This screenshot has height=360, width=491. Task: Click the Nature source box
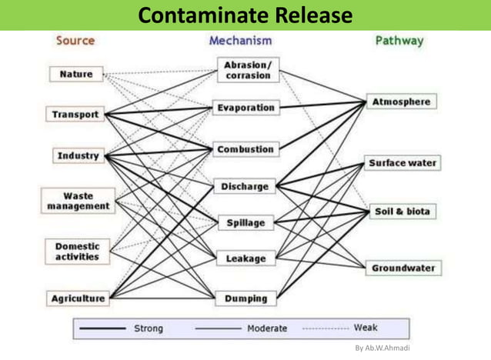pyautogui.click(x=76, y=74)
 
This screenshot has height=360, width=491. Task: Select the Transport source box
pyautogui.click(x=75, y=115)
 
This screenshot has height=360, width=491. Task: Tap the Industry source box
pyautogui.click(x=78, y=155)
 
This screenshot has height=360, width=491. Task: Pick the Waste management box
pyautogui.click(x=78, y=202)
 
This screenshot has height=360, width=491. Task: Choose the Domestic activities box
pyautogui.click(x=77, y=251)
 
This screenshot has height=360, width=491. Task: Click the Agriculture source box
pyautogui.click(x=78, y=298)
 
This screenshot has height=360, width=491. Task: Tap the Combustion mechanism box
pyautogui.click(x=245, y=149)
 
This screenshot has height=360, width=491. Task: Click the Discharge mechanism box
pyautogui.click(x=245, y=186)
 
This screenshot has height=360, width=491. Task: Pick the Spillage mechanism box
pyautogui.click(x=245, y=223)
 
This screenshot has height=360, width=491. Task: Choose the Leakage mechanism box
pyautogui.click(x=245, y=259)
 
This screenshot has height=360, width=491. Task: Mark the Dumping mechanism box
pyautogui.click(x=245, y=298)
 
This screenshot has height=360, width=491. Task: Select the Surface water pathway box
pyautogui.click(x=402, y=163)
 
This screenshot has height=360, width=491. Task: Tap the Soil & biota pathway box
pyautogui.click(x=402, y=211)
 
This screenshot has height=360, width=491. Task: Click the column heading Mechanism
pyautogui.click(x=240, y=40)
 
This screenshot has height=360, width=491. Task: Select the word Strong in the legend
pyautogui.click(x=148, y=328)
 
